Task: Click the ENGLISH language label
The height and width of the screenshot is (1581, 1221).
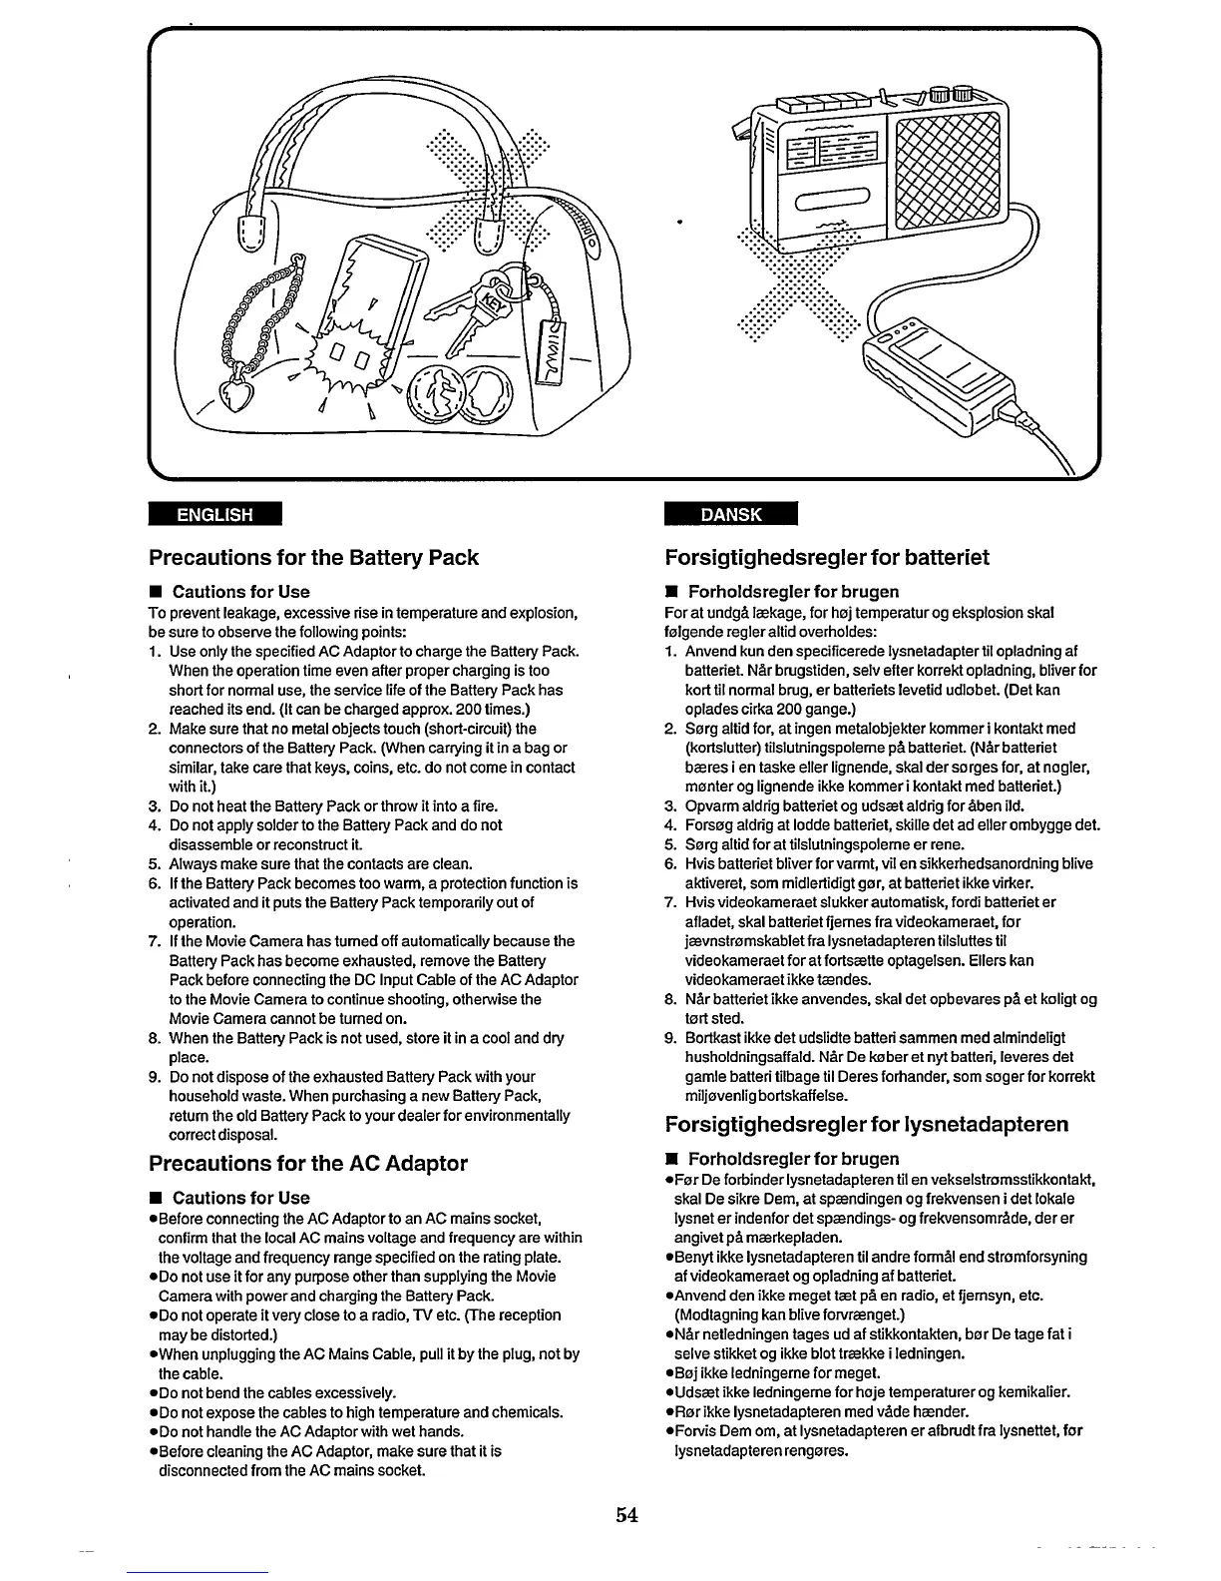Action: pos(214,515)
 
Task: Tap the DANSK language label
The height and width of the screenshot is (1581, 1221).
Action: pos(731,514)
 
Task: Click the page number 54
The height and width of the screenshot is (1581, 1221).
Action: pos(626,1515)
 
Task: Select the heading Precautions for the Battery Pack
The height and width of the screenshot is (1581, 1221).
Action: pos(313,557)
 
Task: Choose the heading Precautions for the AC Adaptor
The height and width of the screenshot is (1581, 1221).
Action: pos(307,1163)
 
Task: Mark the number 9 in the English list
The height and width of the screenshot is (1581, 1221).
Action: pos(155,1077)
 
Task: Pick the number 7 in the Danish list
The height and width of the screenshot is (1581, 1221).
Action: pos(670,902)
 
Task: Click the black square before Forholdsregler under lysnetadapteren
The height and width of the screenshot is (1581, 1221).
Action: pos(672,1159)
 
